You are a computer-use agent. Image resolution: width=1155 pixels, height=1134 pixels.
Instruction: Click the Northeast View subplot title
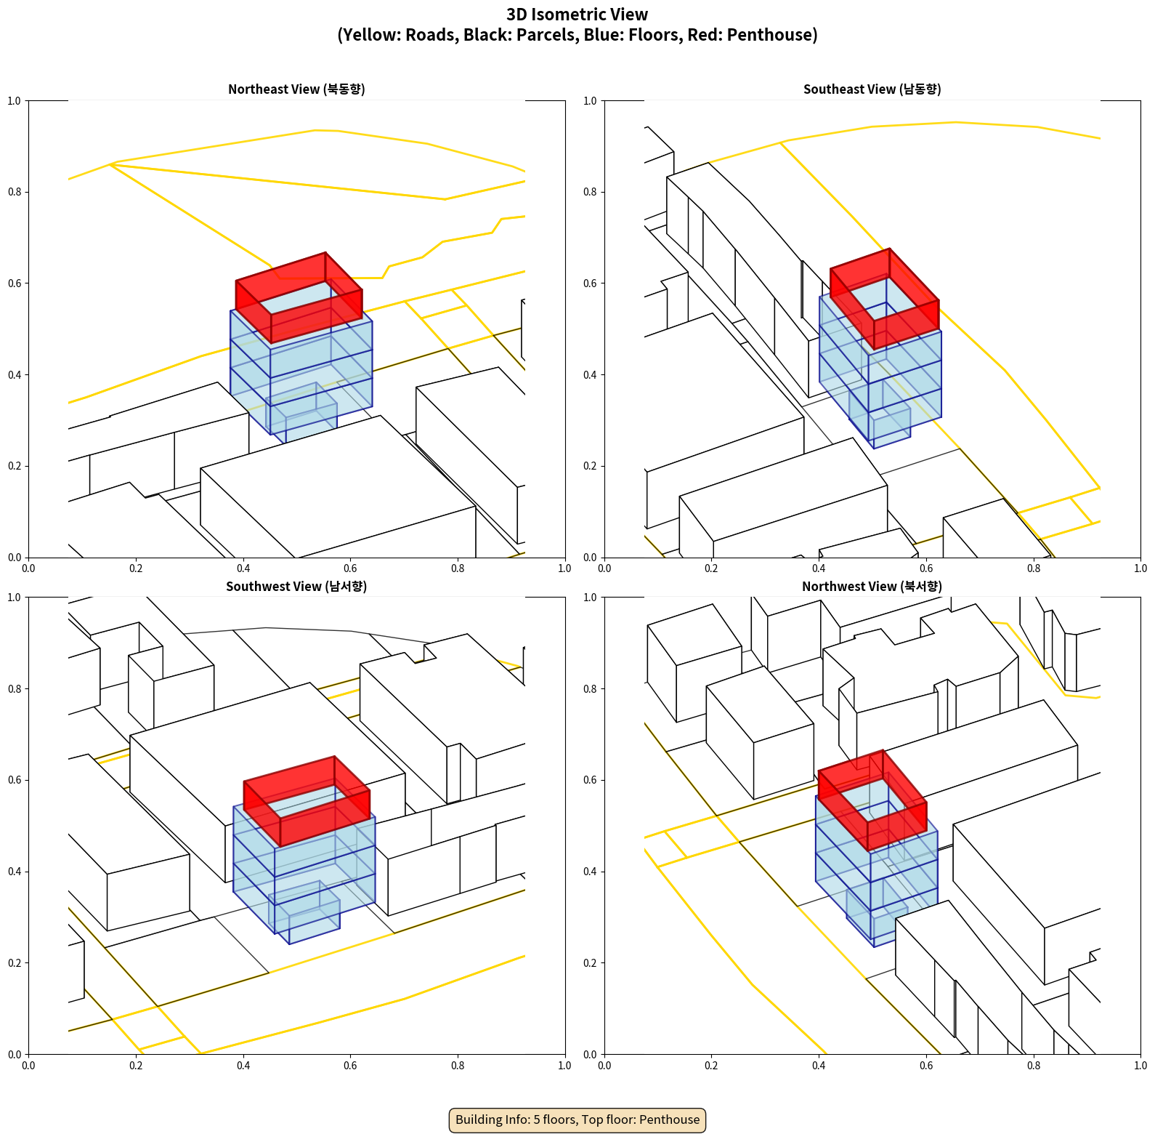[296, 89]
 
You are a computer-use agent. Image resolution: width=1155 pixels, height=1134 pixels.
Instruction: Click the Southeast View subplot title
[872, 89]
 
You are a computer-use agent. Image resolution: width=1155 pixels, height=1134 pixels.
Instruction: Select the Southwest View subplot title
[296, 586]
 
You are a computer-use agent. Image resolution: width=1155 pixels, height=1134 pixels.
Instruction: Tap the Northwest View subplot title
[872, 586]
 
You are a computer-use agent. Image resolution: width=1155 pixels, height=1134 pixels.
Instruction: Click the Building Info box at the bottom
[577, 1119]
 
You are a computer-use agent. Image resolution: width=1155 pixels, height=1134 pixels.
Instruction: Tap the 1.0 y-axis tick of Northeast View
[14, 100]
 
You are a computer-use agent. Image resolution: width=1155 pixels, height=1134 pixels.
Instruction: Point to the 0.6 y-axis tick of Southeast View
[590, 283]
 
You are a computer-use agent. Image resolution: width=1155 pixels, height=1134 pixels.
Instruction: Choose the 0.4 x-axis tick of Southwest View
[243, 1066]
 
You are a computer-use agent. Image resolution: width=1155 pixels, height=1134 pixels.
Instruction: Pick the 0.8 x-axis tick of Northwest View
[1034, 1066]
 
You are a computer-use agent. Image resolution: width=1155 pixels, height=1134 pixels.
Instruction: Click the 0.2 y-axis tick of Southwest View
[14, 962]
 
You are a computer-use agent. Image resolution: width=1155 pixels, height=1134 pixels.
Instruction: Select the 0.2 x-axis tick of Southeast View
[711, 568]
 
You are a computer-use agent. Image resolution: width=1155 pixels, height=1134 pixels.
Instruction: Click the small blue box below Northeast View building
[301, 414]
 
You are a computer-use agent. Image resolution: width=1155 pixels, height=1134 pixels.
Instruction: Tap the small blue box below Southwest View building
[304, 913]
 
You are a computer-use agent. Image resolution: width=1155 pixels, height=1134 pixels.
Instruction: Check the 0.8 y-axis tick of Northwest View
[590, 688]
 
